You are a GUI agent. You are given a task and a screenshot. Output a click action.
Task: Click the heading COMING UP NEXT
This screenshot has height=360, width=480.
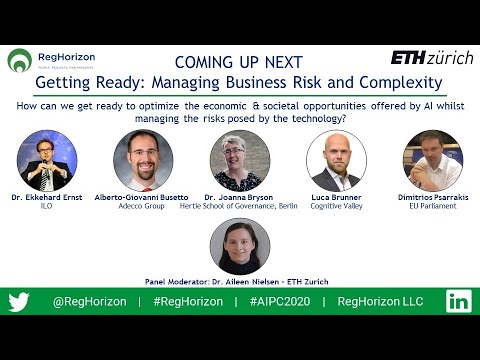coord(238,60)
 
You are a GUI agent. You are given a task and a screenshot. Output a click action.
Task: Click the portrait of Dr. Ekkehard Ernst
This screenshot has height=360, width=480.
coord(48,161)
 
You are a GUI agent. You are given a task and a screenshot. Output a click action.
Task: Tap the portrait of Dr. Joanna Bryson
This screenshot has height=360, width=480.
coord(240,161)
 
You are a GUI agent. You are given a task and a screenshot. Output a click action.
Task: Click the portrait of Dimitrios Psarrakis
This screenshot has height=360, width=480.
coord(432,161)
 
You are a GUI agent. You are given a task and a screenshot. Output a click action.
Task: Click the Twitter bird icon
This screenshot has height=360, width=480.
coord(20,301)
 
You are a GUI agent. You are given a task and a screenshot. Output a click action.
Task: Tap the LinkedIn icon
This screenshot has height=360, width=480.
coord(459,301)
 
